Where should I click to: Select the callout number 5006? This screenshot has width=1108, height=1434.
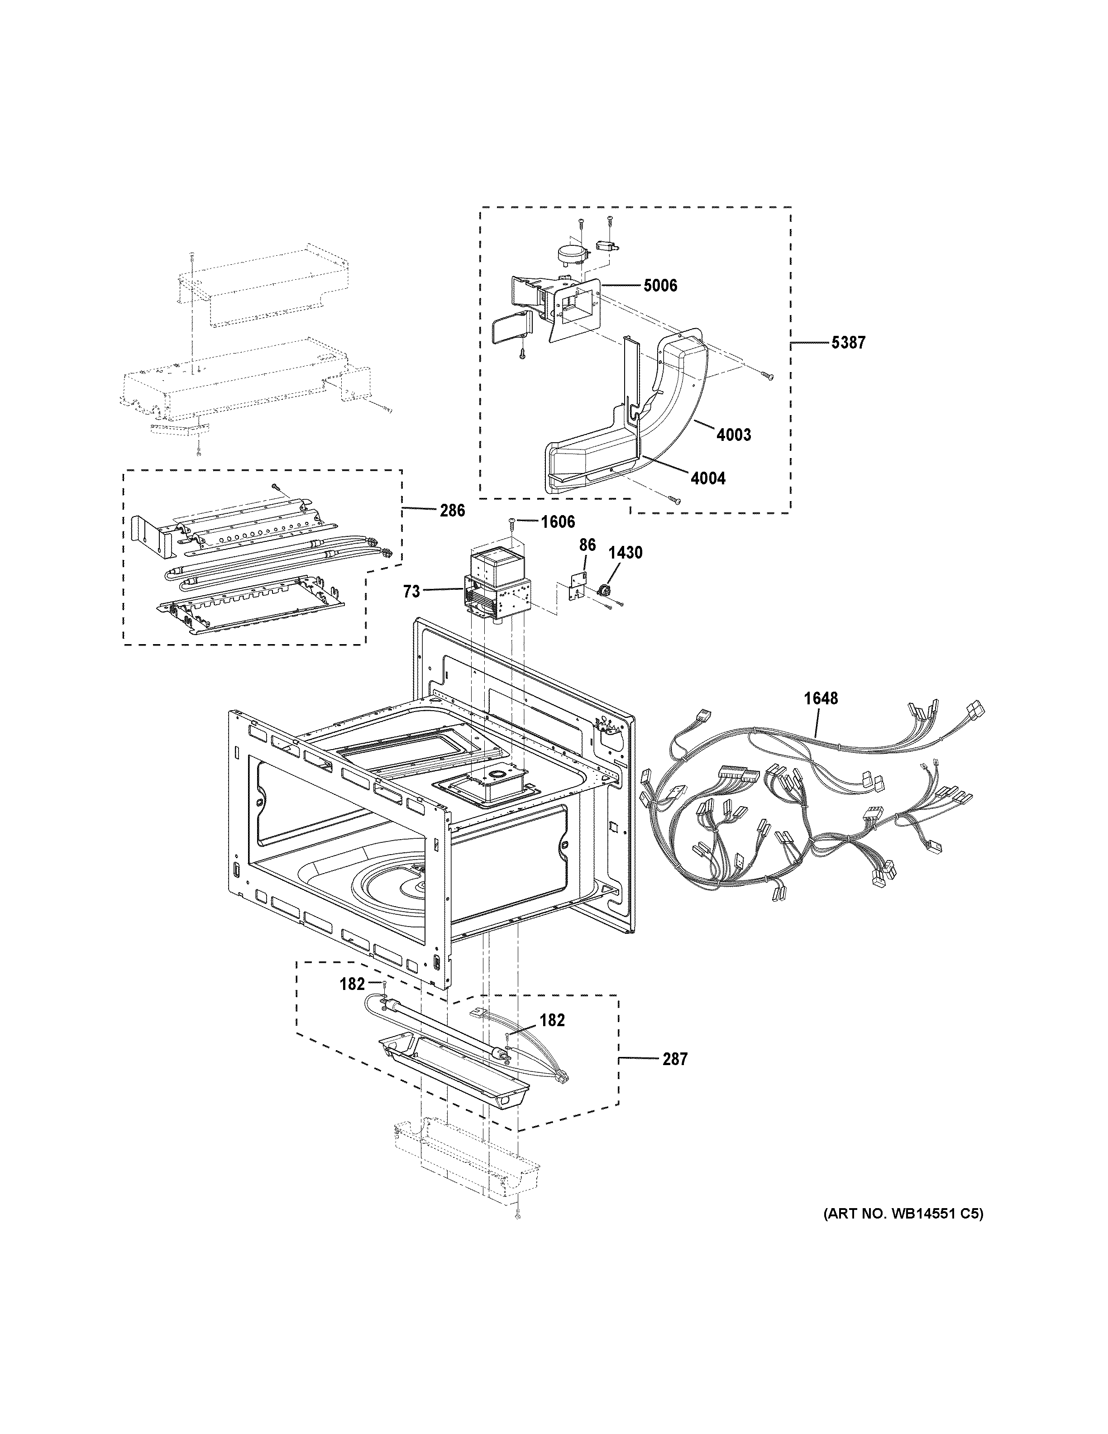pos(660,286)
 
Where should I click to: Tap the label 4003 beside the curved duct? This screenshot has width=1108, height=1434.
pos(733,435)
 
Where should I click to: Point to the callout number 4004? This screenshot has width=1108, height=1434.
pos(707,478)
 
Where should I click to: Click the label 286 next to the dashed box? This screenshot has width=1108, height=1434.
pos(452,510)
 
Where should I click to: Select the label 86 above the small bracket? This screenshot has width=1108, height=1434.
pos(587,545)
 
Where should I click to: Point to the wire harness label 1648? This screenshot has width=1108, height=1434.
pos(821,698)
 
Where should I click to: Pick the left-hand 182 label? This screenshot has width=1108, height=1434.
pos(352,1003)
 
